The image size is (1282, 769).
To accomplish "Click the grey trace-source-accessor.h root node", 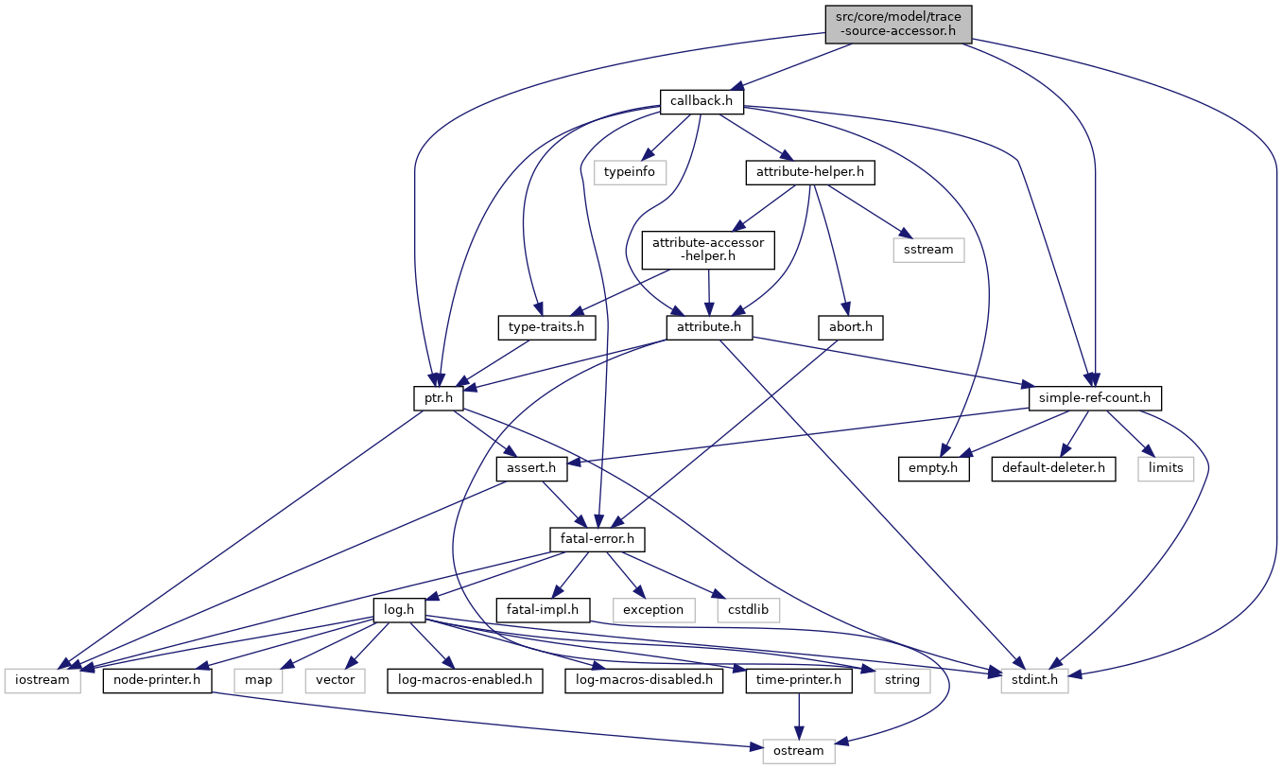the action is pyautogui.click(x=898, y=25).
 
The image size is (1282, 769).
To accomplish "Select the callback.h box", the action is pyautogui.click(x=702, y=102).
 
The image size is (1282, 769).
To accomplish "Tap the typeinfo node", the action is pyautogui.click(x=630, y=172).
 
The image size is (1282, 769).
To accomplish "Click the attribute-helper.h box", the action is pyautogui.click(x=810, y=172).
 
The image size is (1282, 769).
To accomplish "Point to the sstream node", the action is pyautogui.click(x=928, y=251).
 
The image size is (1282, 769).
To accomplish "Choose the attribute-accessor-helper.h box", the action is pyautogui.click(x=708, y=250).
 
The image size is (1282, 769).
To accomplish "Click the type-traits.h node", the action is pyautogui.click(x=546, y=327).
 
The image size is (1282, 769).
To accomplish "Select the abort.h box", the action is pyautogui.click(x=851, y=327).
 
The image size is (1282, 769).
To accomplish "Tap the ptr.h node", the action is pyautogui.click(x=439, y=398).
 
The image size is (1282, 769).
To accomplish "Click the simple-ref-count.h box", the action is pyautogui.click(x=1095, y=398).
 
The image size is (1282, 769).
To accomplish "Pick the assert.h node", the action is pyautogui.click(x=531, y=469).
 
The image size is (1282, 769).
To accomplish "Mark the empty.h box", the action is pyautogui.click(x=933, y=469).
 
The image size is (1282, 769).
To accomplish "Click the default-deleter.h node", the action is pyautogui.click(x=1053, y=469).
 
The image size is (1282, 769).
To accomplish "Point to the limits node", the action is pyautogui.click(x=1166, y=469).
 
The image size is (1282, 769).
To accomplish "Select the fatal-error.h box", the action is pyautogui.click(x=597, y=540).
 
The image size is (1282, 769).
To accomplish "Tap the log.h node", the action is pyautogui.click(x=399, y=610).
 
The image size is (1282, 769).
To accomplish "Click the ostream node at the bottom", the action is pyautogui.click(x=798, y=751).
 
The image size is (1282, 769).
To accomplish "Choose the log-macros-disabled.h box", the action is pyautogui.click(x=644, y=681).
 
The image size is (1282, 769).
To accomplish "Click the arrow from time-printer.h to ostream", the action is pyautogui.click(x=799, y=716).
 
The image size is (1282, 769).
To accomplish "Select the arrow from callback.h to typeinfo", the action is pyautogui.click(x=666, y=137).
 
